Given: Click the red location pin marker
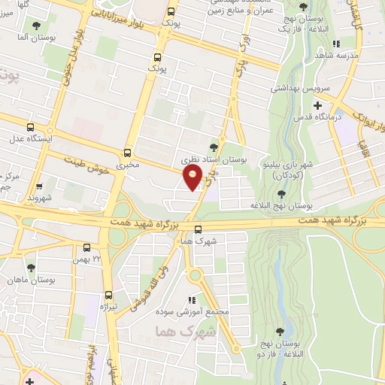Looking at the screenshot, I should coord(192,178).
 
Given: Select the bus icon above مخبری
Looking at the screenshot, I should coord(127,151).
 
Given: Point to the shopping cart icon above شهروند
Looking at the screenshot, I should coord(39,184).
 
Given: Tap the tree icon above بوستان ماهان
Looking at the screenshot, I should coord(31,267).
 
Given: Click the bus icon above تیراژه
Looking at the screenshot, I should coord(109,294).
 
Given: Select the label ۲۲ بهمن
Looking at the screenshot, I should coord(86,260).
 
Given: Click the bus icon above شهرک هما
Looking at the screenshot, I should coord(198,230).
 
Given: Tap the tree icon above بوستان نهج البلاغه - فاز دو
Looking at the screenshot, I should coord(280,329).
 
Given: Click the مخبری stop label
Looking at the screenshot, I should coord(128,164).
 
